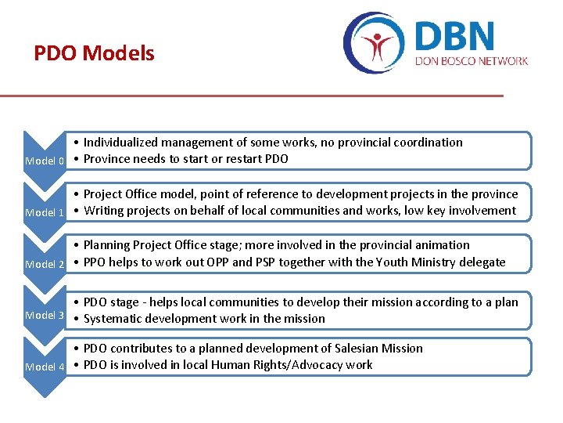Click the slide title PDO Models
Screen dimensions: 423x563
point(94,54)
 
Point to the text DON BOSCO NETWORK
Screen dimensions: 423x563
point(472,61)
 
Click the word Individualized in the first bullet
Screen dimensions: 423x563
point(122,143)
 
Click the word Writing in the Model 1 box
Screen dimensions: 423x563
point(105,210)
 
